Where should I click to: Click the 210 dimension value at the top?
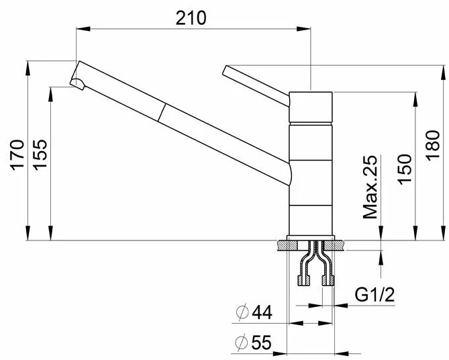click(x=191, y=17)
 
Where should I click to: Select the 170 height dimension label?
click(x=17, y=155)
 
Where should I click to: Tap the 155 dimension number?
click(x=40, y=155)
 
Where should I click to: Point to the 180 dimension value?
click(x=432, y=145)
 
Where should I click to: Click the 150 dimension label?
click(x=404, y=170)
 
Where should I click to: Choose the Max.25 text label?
click(x=370, y=187)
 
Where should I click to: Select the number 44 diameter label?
click(x=262, y=312)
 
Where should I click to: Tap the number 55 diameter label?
click(x=262, y=343)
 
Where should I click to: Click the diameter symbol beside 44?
click(x=242, y=312)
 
